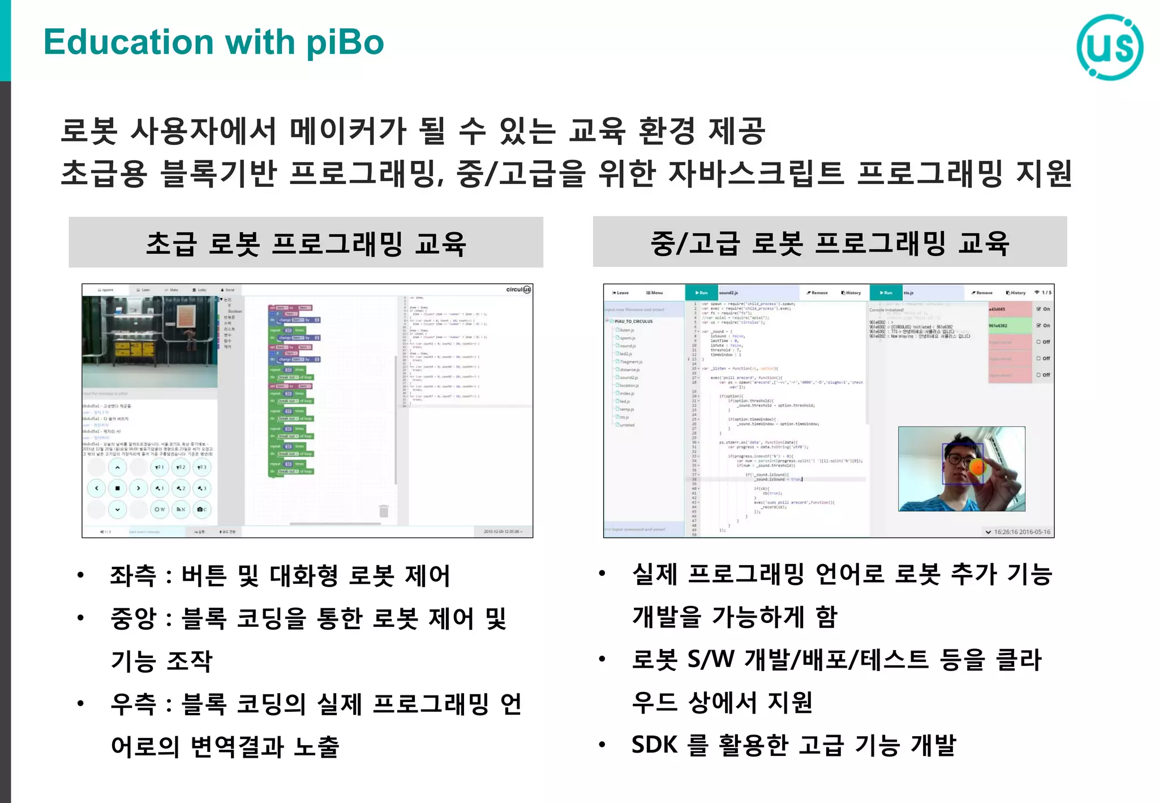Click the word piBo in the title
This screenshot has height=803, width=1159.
pyautogui.click(x=345, y=43)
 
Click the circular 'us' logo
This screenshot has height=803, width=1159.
pyautogui.click(x=1110, y=46)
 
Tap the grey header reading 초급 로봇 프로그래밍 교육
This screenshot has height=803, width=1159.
pyautogui.click(x=306, y=243)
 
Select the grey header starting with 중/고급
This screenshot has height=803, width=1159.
pyautogui.click(x=830, y=242)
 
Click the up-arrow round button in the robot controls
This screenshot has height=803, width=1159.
pyautogui.click(x=117, y=468)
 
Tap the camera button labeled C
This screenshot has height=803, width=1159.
pyautogui.click(x=201, y=510)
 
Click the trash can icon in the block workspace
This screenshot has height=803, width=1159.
pyautogui.click(x=384, y=511)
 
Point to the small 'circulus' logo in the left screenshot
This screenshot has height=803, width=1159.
pyautogui.click(x=518, y=290)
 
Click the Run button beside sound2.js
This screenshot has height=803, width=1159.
pyautogui.click(x=701, y=293)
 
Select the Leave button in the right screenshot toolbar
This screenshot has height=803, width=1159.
pyautogui.click(x=620, y=293)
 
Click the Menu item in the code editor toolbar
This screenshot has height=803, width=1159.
pyautogui.click(x=654, y=293)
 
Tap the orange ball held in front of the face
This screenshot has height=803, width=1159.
pyautogui.click(x=977, y=468)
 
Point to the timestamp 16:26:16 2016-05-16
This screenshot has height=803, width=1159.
pyautogui.click(x=1021, y=532)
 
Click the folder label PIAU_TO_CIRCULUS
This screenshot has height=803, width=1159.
pyautogui.click(x=633, y=321)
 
